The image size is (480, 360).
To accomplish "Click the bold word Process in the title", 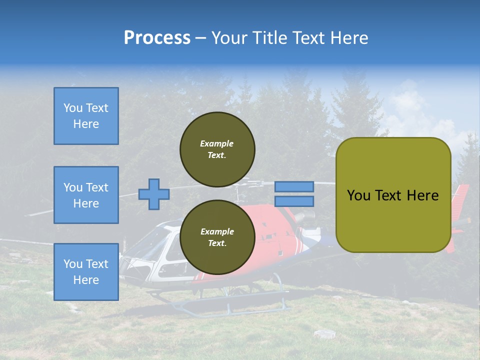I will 157,38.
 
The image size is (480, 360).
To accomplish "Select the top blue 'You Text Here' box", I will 86,116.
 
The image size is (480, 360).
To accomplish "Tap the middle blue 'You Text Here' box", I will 86,195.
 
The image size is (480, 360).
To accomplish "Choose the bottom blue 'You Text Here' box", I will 86,272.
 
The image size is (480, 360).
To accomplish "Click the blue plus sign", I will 154,194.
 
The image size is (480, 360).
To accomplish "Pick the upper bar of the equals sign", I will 294,186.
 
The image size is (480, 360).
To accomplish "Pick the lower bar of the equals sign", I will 294,201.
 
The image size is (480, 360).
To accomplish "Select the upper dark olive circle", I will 217,149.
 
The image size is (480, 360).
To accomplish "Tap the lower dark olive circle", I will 217,237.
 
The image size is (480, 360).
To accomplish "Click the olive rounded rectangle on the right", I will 393,220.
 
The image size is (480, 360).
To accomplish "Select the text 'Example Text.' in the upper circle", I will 217,149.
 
